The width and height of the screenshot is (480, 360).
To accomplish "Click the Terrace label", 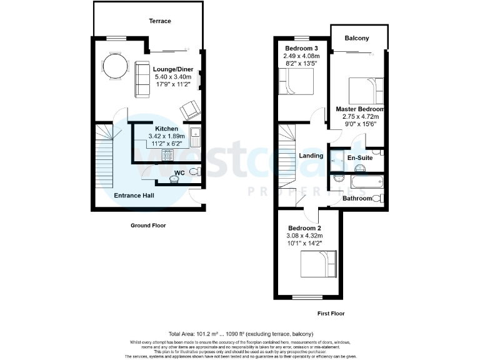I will coord(159,21).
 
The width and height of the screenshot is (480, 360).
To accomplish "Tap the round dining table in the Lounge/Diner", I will coord(113,66).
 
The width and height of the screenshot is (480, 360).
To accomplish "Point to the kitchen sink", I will coord(196,136).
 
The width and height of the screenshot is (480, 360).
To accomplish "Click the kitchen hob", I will coord(169,154).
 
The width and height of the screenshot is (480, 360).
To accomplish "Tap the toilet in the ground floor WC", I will coord(193,172).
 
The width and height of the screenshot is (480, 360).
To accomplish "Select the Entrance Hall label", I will coord(134,195).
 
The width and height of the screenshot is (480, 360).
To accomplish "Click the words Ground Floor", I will coord(147,225).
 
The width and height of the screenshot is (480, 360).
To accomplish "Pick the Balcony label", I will coord(357,38).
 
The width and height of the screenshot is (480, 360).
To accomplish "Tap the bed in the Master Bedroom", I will coord(366,91).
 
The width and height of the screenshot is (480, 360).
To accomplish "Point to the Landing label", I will coord(311,156).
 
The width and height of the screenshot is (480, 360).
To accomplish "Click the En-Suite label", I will coord(360,159).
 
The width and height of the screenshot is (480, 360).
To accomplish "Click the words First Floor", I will coord(331,314).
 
